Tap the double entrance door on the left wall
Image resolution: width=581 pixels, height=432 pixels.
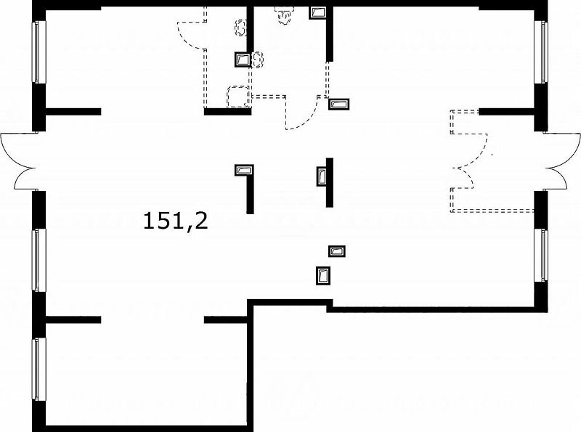[19, 161]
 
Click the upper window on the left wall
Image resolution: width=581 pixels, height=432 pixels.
[38, 52]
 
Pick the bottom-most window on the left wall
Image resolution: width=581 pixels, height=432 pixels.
[38, 369]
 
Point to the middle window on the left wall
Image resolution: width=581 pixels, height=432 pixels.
[38, 260]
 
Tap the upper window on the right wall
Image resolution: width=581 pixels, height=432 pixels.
[541, 52]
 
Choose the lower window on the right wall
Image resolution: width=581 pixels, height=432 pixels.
[541, 256]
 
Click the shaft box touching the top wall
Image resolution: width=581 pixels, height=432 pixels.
[317, 12]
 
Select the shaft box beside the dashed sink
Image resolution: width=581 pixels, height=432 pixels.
[243, 60]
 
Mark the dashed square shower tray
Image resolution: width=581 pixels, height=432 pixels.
[238, 97]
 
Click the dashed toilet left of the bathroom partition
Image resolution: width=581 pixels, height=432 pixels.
[241, 28]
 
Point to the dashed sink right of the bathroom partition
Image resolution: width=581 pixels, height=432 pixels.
[258, 60]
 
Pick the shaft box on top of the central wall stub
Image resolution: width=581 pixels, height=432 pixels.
[244, 170]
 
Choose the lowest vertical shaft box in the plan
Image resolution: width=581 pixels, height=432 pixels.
[323, 276]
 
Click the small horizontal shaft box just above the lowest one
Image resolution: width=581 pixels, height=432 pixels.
[337, 251]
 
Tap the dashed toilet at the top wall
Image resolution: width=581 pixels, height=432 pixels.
[283, 15]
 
